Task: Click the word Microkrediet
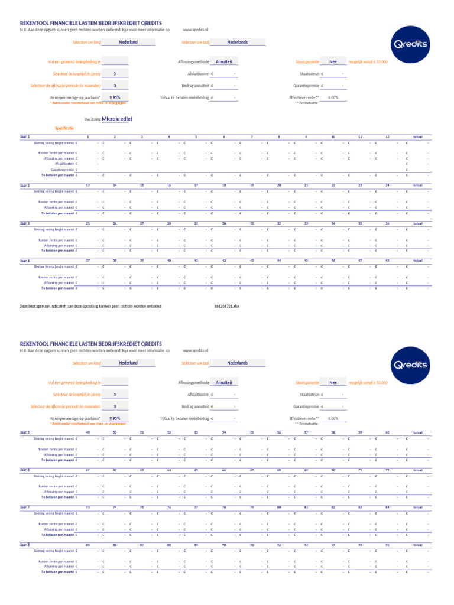(x=117, y=119)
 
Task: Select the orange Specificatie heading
(x=64, y=128)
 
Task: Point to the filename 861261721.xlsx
(x=226, y=307)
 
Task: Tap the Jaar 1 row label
(x=25, y=136)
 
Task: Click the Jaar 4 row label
(x=25, y=261)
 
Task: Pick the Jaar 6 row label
(x=25, y=470)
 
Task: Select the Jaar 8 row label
(x=25, y=545)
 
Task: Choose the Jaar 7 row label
(x=25, y=507)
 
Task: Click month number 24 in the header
(x=387, y=186)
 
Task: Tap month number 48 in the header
(x=387, y=261)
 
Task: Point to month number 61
(x=88, y=470)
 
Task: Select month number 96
(x=387, y=545)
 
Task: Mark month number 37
(x=88, y=261)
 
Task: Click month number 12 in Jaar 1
(x=387, y=136)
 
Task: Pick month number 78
(x=224, y=507)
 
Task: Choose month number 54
(x=224, y=432)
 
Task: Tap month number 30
(x=224, y=223)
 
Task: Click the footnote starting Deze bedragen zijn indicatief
(x=90, y=307)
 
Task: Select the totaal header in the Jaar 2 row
(x=418, y=186)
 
